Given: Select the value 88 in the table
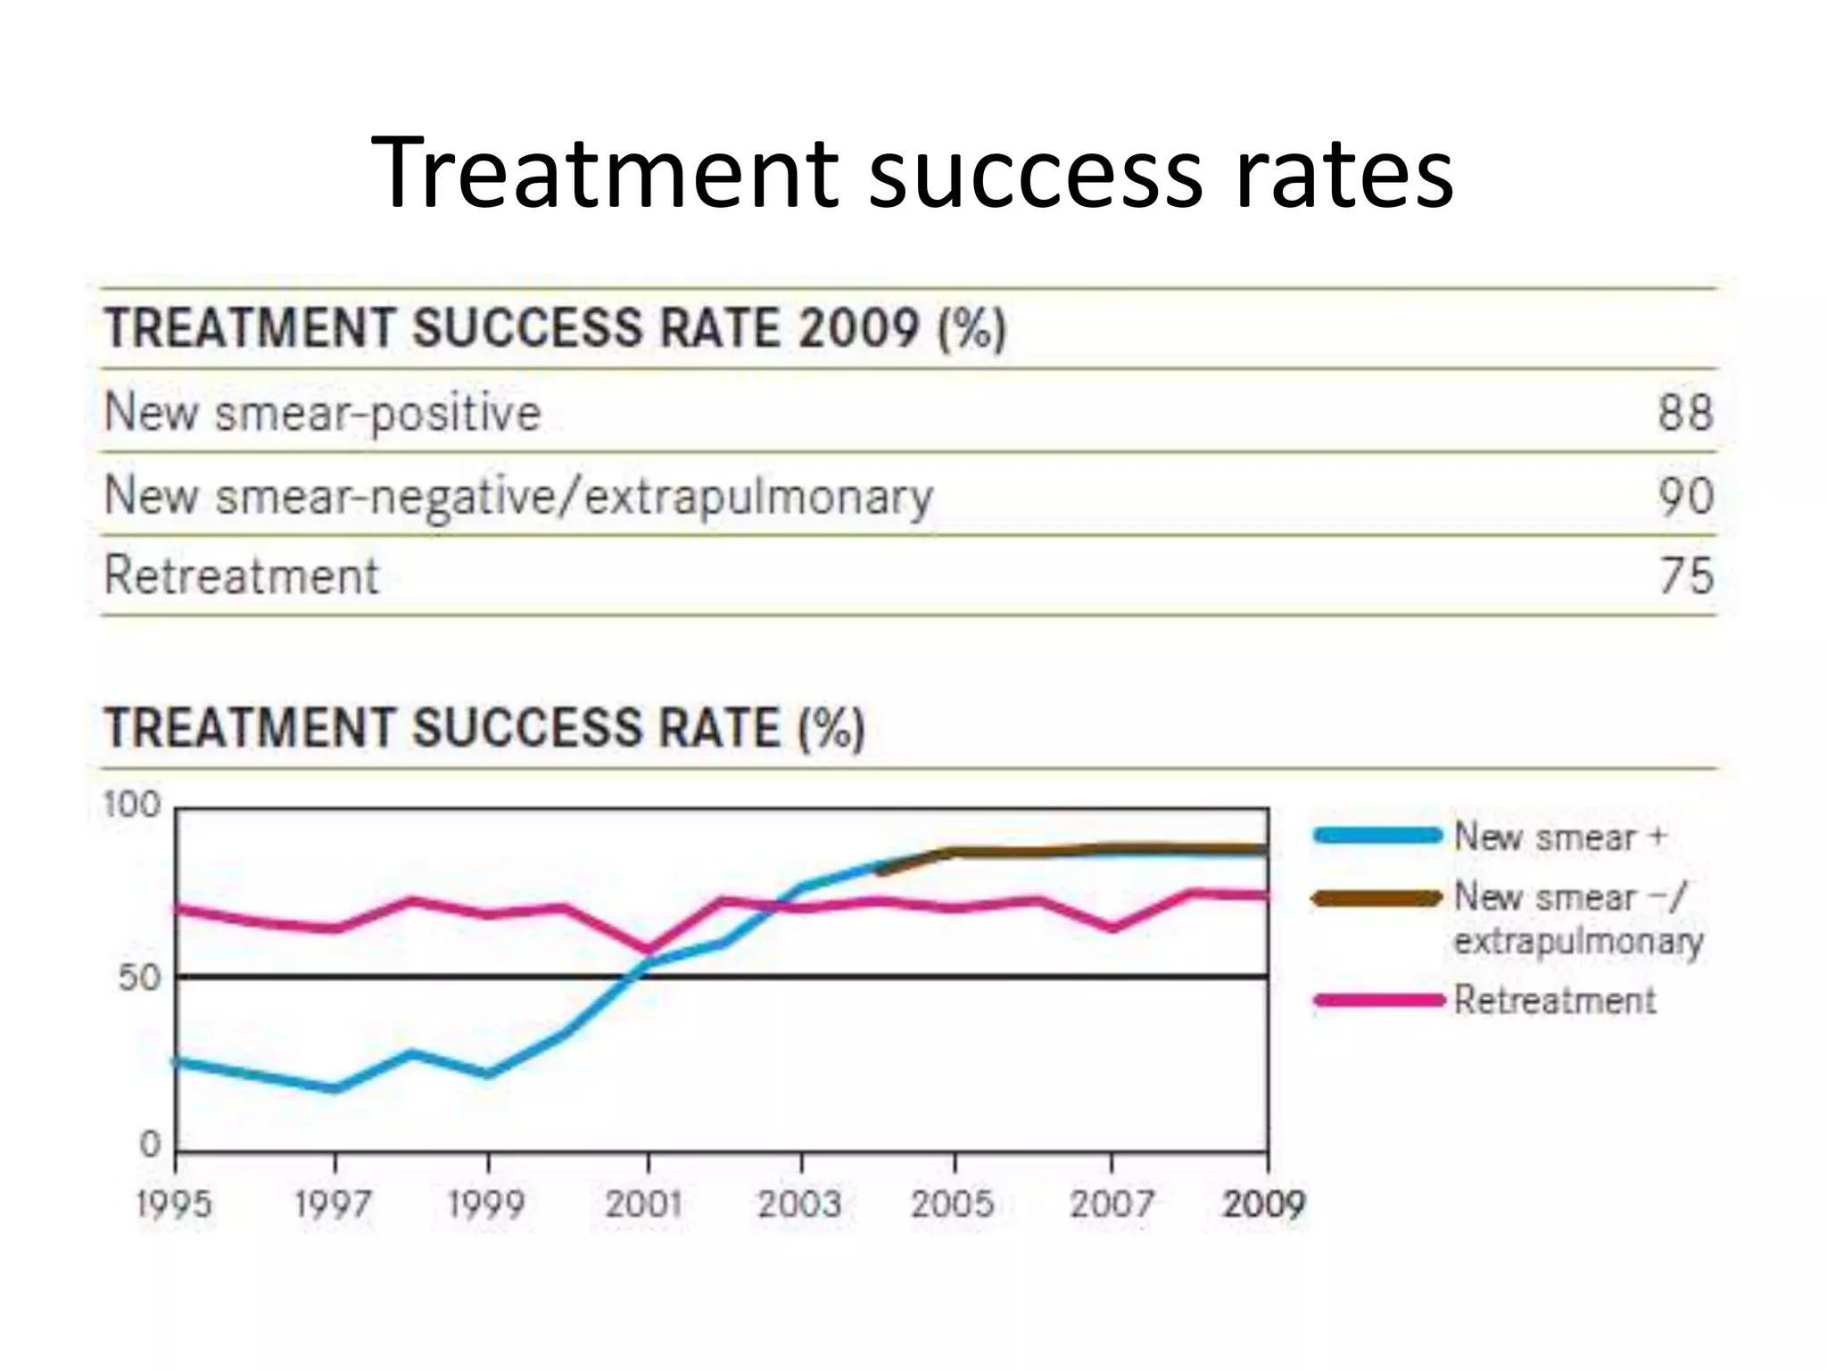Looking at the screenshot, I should click(x=1685, y=413).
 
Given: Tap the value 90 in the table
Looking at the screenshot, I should click(x=1685, y=496).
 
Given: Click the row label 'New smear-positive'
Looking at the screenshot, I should click(x=323, y=413).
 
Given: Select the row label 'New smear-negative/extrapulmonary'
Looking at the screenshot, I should click(x=518, y=496).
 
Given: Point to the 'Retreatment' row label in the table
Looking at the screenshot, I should click(x=242, y=575).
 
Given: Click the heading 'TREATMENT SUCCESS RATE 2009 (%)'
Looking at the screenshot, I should click(x=555, y=328).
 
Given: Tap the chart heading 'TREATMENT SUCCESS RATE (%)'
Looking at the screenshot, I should click(x=484, y=728).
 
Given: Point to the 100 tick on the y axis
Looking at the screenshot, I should click(x=132, y=805).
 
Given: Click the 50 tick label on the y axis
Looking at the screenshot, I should click(x=139, y=978).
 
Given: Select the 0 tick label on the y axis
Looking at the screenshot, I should click(x=150, y=1143).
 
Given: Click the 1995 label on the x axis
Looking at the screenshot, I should click(x=175, y=1204).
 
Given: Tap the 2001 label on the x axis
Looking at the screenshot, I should click(x=644, y=1204).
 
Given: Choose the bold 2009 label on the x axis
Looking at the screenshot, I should click(x=1263, y=1204).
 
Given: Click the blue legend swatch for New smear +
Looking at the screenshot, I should click(x=1377, y=836).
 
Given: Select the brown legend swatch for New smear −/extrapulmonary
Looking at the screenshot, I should click(x=1377, y=898).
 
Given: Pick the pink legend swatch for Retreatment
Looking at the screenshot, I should click(x=1377, y=1000).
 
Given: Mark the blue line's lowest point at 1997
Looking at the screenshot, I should click(x=335, y=1088).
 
